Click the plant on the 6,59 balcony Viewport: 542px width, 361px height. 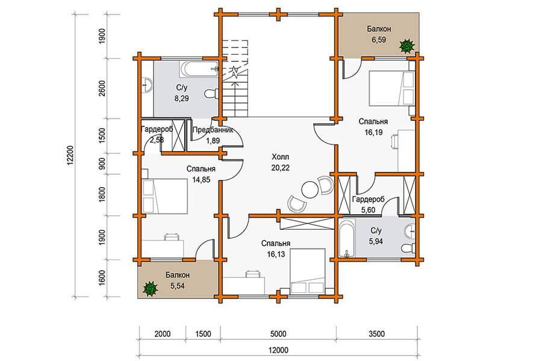[x=407, y=46]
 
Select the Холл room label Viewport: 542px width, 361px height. [x=280, y=157]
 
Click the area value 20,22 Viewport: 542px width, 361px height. [x=280, y=168]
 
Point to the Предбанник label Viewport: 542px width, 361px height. [x=213, y=130]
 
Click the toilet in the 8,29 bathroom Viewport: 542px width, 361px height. [x=211, y=94]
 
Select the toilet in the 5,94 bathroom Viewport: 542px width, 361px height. [x=408, y=248]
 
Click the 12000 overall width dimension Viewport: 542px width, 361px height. [x=278, y=350]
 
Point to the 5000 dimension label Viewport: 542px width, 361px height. [x=278, y=334]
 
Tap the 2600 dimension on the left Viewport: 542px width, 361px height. [x=102, y=88]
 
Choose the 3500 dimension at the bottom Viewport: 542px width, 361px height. [x=376, y=334]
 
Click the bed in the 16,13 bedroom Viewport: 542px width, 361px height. [x=308, y=271]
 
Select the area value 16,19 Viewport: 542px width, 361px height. [x=373, y=132]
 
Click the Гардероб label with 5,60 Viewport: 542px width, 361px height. [x=369, y=199]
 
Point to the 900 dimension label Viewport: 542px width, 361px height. [x=102, y=164]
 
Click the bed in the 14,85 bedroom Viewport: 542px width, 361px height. [x=165, y=196]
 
